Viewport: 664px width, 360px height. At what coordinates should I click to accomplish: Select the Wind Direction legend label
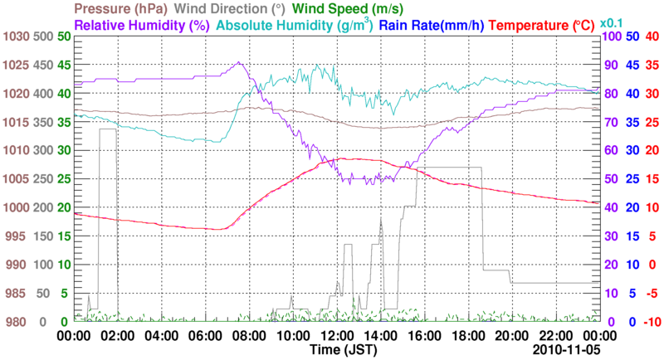[x=233, y=8]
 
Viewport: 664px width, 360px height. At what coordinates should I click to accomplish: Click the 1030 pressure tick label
[x=14, y=37]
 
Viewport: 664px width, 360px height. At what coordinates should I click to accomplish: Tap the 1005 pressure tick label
[x=14, y=179]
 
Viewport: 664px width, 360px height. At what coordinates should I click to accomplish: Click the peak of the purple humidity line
[x=239, y=62]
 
